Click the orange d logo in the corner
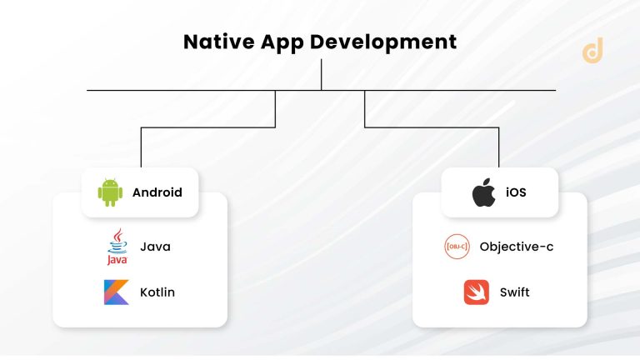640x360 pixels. [x=592, y=51]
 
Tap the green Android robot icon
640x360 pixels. [x=110, y=192]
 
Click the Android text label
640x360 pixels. [x=157, y=192]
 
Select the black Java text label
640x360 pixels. [x=155, y=246]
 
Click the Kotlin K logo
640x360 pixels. [x=116, y=292]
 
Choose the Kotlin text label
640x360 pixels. [x=157, y=292]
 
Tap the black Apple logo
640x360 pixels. [x=483, y=192]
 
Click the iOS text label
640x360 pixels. [x=516, y=192]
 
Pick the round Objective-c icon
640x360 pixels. [x=457, y=247]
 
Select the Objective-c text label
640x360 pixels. [x=517, y=247]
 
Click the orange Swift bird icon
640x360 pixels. [x=476, y=292]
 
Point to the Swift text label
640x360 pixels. [x=514, y=292]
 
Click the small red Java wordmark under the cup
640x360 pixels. [x=117, y=260]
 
